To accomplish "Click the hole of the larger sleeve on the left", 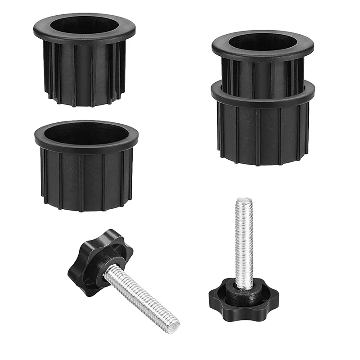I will [x=87, y=133].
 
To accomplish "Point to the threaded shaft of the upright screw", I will [x=244, y=243].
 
